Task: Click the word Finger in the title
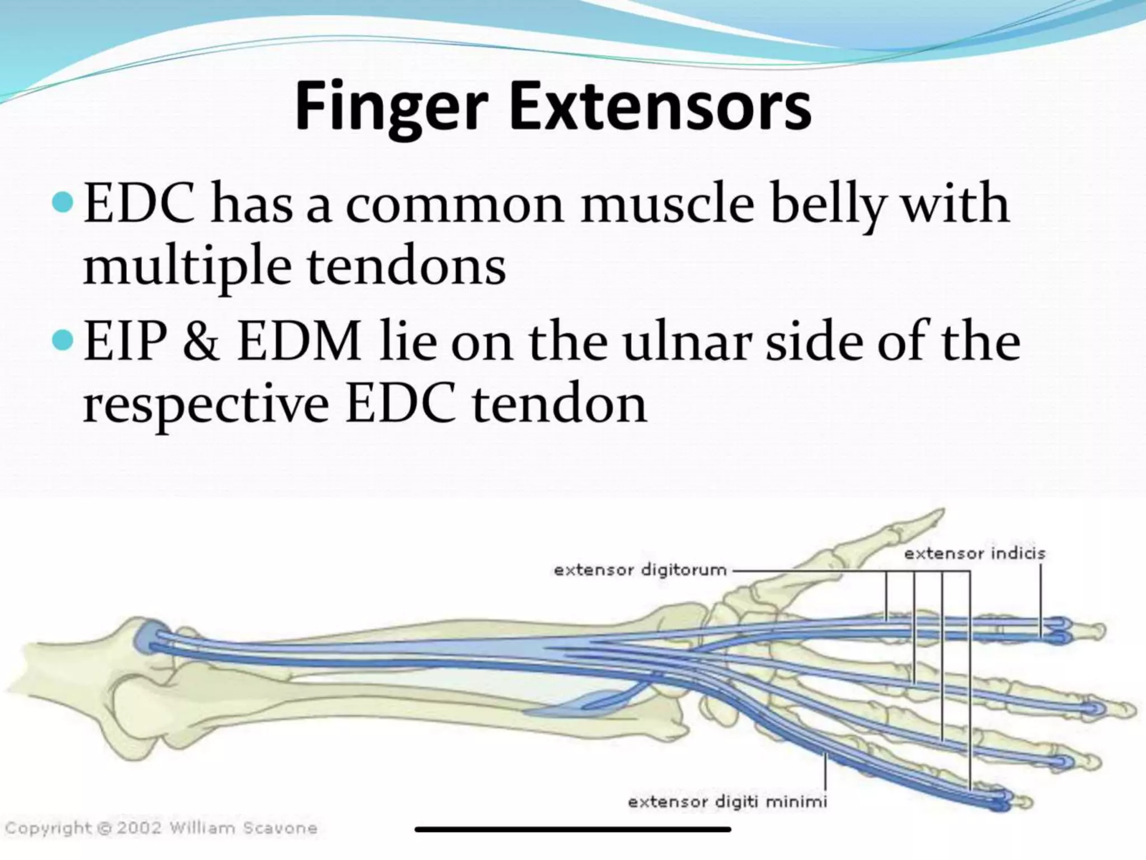391,106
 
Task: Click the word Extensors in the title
660,106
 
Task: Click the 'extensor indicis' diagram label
974,554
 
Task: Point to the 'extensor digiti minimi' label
727,802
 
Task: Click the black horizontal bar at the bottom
572,829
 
